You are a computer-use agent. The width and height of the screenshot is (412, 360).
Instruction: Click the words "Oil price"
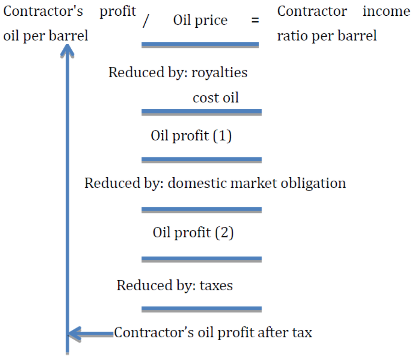pos(200,21)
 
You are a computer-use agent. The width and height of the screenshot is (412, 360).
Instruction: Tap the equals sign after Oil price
pos(255,20)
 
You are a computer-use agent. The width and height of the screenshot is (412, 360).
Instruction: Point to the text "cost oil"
pos(216,98)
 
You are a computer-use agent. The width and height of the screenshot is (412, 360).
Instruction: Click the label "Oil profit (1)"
pos(191,136)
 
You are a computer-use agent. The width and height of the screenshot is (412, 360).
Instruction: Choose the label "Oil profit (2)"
pos(193,233)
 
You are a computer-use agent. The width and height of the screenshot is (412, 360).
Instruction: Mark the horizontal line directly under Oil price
pos(200,45)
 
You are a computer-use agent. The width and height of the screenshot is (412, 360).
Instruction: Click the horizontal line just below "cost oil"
pos(202,112)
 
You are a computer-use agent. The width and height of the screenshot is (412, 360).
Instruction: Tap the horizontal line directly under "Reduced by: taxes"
pos(202,309)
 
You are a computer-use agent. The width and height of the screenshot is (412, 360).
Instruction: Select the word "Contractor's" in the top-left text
pos(43,11)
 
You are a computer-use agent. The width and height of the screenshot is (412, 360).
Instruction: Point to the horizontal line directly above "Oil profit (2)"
pos(202,210)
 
